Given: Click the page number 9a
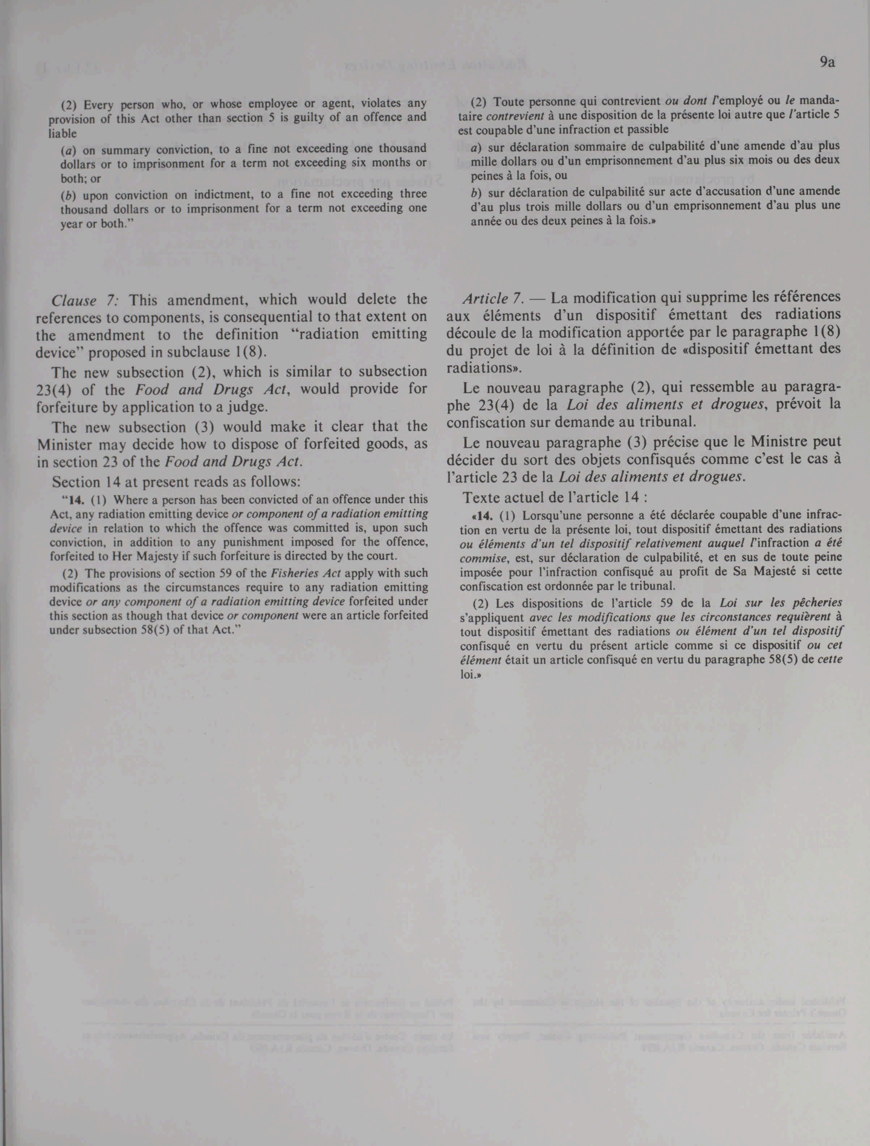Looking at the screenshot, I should coord(828,63).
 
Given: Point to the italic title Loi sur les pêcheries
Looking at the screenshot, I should coord(781,603).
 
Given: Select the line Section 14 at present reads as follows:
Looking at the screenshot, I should coord(176,482).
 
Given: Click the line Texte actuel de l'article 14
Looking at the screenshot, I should coord(555,497).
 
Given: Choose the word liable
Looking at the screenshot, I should coord(62,134).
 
